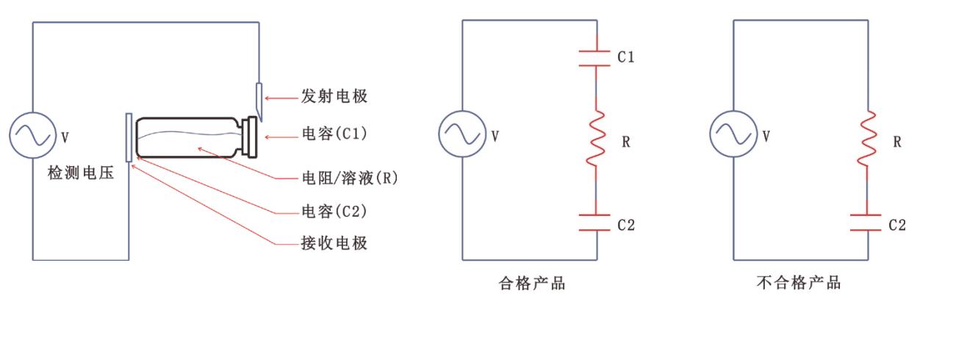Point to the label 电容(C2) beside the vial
[334, 211]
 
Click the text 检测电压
[81, 176]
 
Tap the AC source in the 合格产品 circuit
[462, 135]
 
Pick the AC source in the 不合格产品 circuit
[733, 135]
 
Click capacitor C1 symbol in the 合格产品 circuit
[596, 58]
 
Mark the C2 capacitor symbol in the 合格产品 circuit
[596, 223]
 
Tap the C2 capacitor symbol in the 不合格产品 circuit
[868, 223]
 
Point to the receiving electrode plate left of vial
[129, 137]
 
